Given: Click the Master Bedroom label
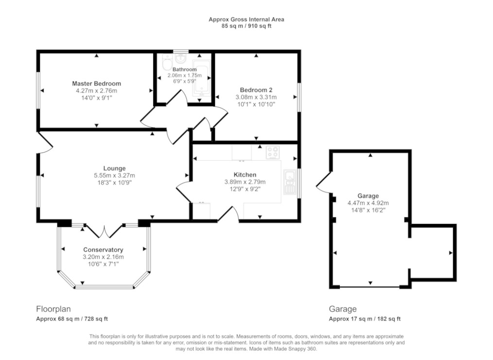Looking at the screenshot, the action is point(97,84).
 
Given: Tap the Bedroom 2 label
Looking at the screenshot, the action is point(256,90).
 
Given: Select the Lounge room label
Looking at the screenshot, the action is point(114,169).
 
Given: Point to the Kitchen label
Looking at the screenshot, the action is point(245,175).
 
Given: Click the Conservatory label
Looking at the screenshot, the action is point(103,250).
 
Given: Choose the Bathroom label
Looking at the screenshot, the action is point(185,69).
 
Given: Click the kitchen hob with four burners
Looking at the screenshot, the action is point(273,153).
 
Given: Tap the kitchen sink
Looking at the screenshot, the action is point(290,182).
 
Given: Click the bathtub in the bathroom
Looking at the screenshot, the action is point(201,78).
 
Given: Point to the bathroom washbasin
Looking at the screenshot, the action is point(181,58).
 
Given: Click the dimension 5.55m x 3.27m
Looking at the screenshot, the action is point(114,175).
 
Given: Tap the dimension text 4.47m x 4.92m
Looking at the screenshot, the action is point(368,203).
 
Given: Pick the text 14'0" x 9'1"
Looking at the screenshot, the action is point(97,98).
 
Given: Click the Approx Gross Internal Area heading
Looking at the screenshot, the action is point(246,19).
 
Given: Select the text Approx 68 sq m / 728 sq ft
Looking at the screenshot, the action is point(72,319).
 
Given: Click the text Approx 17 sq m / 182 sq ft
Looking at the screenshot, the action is point(365,319).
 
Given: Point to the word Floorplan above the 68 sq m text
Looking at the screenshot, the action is point(53,309).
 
